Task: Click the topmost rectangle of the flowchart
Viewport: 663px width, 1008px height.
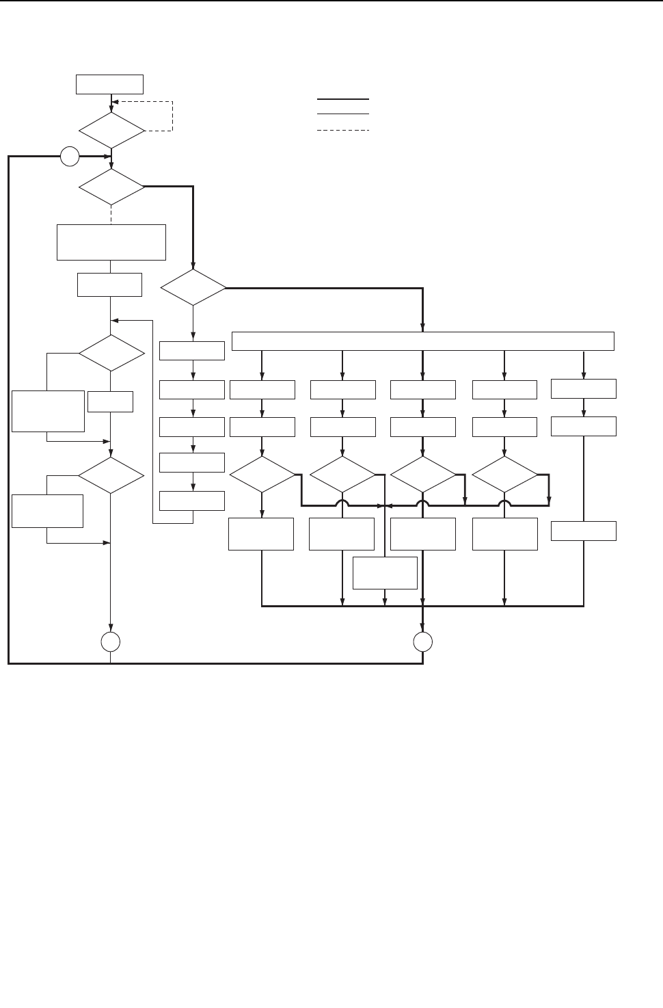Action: coord(109,84)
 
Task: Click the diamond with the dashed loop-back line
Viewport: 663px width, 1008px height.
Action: coord(111,130)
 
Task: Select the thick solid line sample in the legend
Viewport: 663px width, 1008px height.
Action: coord(343,99)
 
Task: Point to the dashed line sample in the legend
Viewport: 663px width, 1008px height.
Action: coord(343,130)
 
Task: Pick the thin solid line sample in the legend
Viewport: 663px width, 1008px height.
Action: coord(343,114)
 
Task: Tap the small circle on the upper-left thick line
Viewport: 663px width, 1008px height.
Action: coord(69,157)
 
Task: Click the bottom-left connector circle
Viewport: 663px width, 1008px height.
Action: coord(111,641)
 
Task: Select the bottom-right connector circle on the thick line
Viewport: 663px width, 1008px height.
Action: coord(423,641)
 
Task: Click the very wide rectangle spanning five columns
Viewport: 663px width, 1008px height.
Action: coord(423,341)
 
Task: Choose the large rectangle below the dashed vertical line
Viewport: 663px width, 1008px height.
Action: coord(111,241)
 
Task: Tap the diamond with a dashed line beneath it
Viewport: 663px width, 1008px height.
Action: coord(111,186)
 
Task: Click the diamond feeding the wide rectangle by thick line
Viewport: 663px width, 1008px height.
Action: coord(193,288)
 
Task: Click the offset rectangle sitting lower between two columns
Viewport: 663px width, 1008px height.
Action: coord(385,572)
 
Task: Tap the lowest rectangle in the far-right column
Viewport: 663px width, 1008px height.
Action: coord(583,531)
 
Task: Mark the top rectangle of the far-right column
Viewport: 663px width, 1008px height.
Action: coord(583,388)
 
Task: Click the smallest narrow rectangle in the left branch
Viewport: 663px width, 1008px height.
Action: coord(110,401)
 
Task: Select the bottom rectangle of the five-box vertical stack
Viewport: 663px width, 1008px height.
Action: coord(192,501)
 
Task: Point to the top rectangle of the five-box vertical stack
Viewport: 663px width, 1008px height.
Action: coord(192,350)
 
